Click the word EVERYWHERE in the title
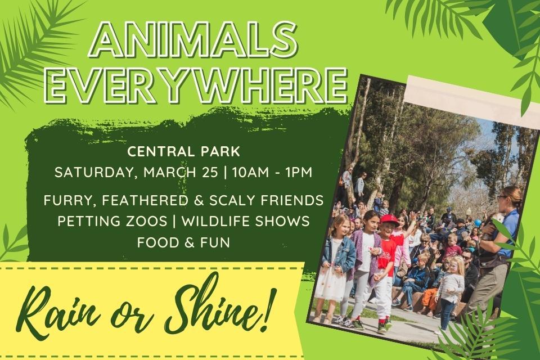pos(196,85)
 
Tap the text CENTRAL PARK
pos(183,152)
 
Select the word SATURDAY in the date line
pos(93,173)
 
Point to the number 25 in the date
pos(209,172)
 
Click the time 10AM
pos(250,172)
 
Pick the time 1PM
pos(299,172)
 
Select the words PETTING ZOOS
pos(112,222)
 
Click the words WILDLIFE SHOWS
pos(246,222)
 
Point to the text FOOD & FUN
pos(183,243)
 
